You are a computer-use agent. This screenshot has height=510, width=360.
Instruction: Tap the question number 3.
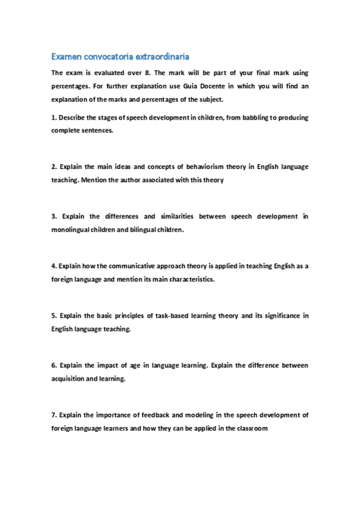tap(54, 216)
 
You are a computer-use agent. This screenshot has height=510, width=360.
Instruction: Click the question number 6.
tap(54, 365)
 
